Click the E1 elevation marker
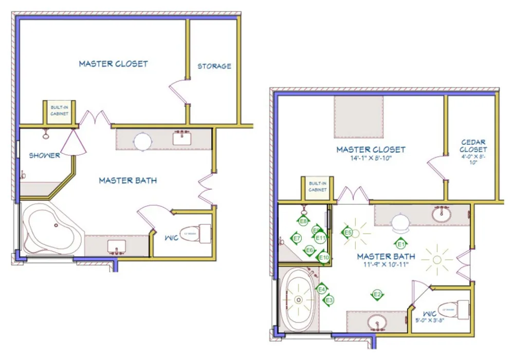click(401, 244)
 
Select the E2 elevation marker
click(377, 294)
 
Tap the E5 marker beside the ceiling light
click(348, 233)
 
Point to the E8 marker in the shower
click(303, 221)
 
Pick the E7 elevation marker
click(296, 238)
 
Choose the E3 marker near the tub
click(329, 299)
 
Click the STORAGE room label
click(214, 66)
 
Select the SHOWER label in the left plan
click(44, 156)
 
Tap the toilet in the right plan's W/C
click(454, 310)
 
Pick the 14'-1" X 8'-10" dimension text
click(371, 158)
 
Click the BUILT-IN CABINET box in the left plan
click(59, 111)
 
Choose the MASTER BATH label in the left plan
click(127, 180)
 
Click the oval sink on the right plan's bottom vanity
click(378, 323)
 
